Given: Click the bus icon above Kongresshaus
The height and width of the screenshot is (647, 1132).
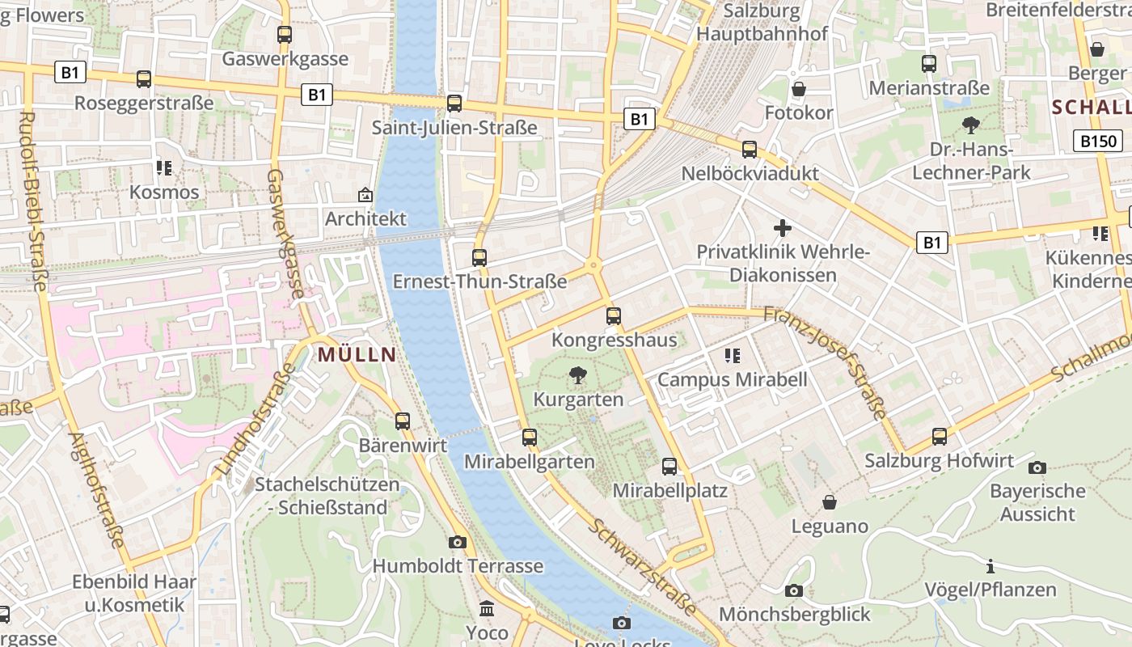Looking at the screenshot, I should click(614, 316).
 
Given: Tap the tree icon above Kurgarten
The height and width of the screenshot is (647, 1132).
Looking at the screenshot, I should click(577, 374).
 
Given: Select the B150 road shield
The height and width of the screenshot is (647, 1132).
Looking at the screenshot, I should click(1099, 142).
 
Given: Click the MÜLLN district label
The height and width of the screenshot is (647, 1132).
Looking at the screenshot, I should click(357, 354).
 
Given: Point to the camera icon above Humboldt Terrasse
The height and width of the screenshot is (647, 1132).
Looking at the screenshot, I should click(458, 542).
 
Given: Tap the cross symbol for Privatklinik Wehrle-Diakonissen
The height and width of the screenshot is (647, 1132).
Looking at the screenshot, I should click(782, 228).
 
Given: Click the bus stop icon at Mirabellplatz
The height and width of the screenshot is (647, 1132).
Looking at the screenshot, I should click(669, 466).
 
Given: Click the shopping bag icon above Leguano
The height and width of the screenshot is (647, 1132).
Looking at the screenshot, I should click(830, 502).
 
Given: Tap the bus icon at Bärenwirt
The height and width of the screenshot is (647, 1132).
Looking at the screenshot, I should click(403, 421).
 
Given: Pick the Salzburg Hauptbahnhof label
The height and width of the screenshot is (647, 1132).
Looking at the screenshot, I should click(762, 23).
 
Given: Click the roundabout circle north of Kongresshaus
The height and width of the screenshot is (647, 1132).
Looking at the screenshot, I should click(594, 264).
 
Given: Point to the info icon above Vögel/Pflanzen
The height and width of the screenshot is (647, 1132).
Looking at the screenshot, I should click(990, 566).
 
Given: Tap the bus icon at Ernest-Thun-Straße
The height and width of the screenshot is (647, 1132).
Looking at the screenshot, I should click(479, 258).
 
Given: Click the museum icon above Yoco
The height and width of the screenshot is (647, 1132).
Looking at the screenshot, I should click(487, 608).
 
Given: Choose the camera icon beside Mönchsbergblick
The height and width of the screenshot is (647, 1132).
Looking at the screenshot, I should click(794, 590).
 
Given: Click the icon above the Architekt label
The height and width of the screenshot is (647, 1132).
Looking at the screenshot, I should click(365, 194).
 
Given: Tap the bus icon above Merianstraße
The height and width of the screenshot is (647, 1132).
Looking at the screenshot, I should click(929, 63).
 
